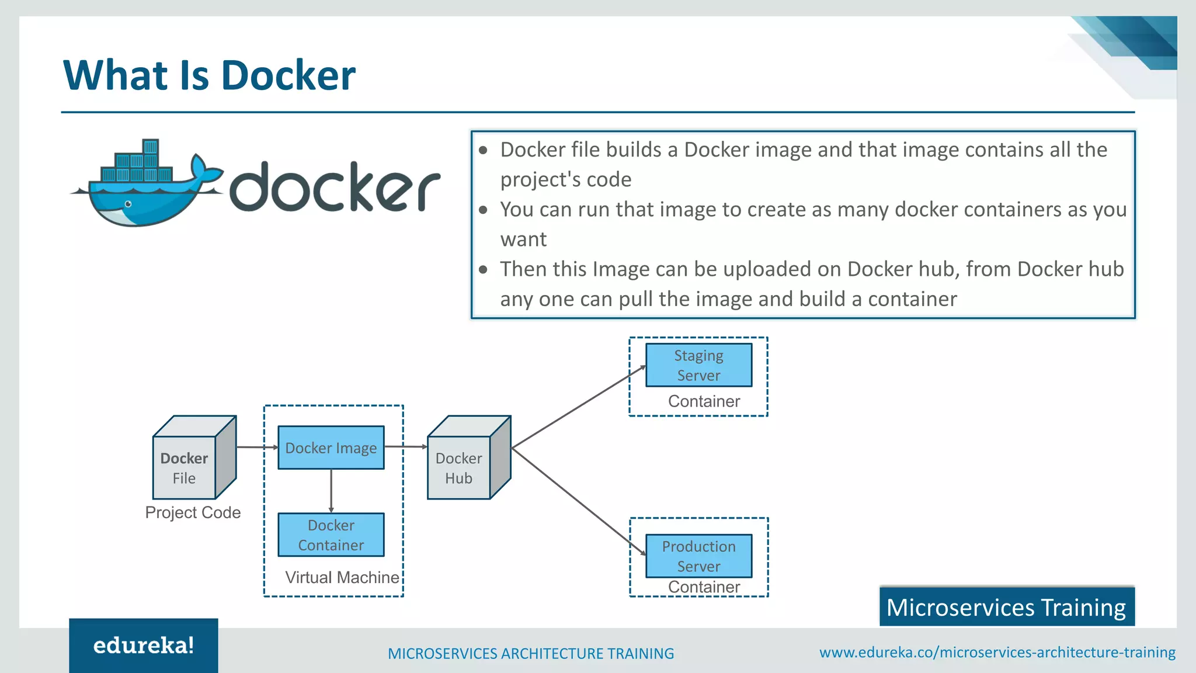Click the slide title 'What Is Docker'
pyautogui.click(x=209, y=75)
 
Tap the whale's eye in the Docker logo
pyautogui.click(x=128, y=204)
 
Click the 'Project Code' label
pyautogui.click(x=193, y=512)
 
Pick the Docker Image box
pyautogui.click(x=331, y=447)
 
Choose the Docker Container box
pyautogui.click(x=331, y=535)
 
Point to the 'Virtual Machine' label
pyautogui.click(x=342, y=577)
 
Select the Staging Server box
pyautogui.click(x=698, y=365)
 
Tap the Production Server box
pyautogui.click(x=698, y=556)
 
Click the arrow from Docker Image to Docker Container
pyautogui.click(x=331, y=491)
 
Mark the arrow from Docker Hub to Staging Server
pyautogui.click(x=578, y=407)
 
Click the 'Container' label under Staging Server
pyautogui.click(x=704, y=401)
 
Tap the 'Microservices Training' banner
pyautogui.click(x=1006, y=607)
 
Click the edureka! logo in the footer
pyautogui.click(x=144, y=646)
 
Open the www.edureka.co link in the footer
pyautogui.click(x=997, y=653)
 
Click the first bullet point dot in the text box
pyautogui.click(x=483, y=150)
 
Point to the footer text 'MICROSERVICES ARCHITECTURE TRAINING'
pyautogui.click(x=530, y=653)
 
